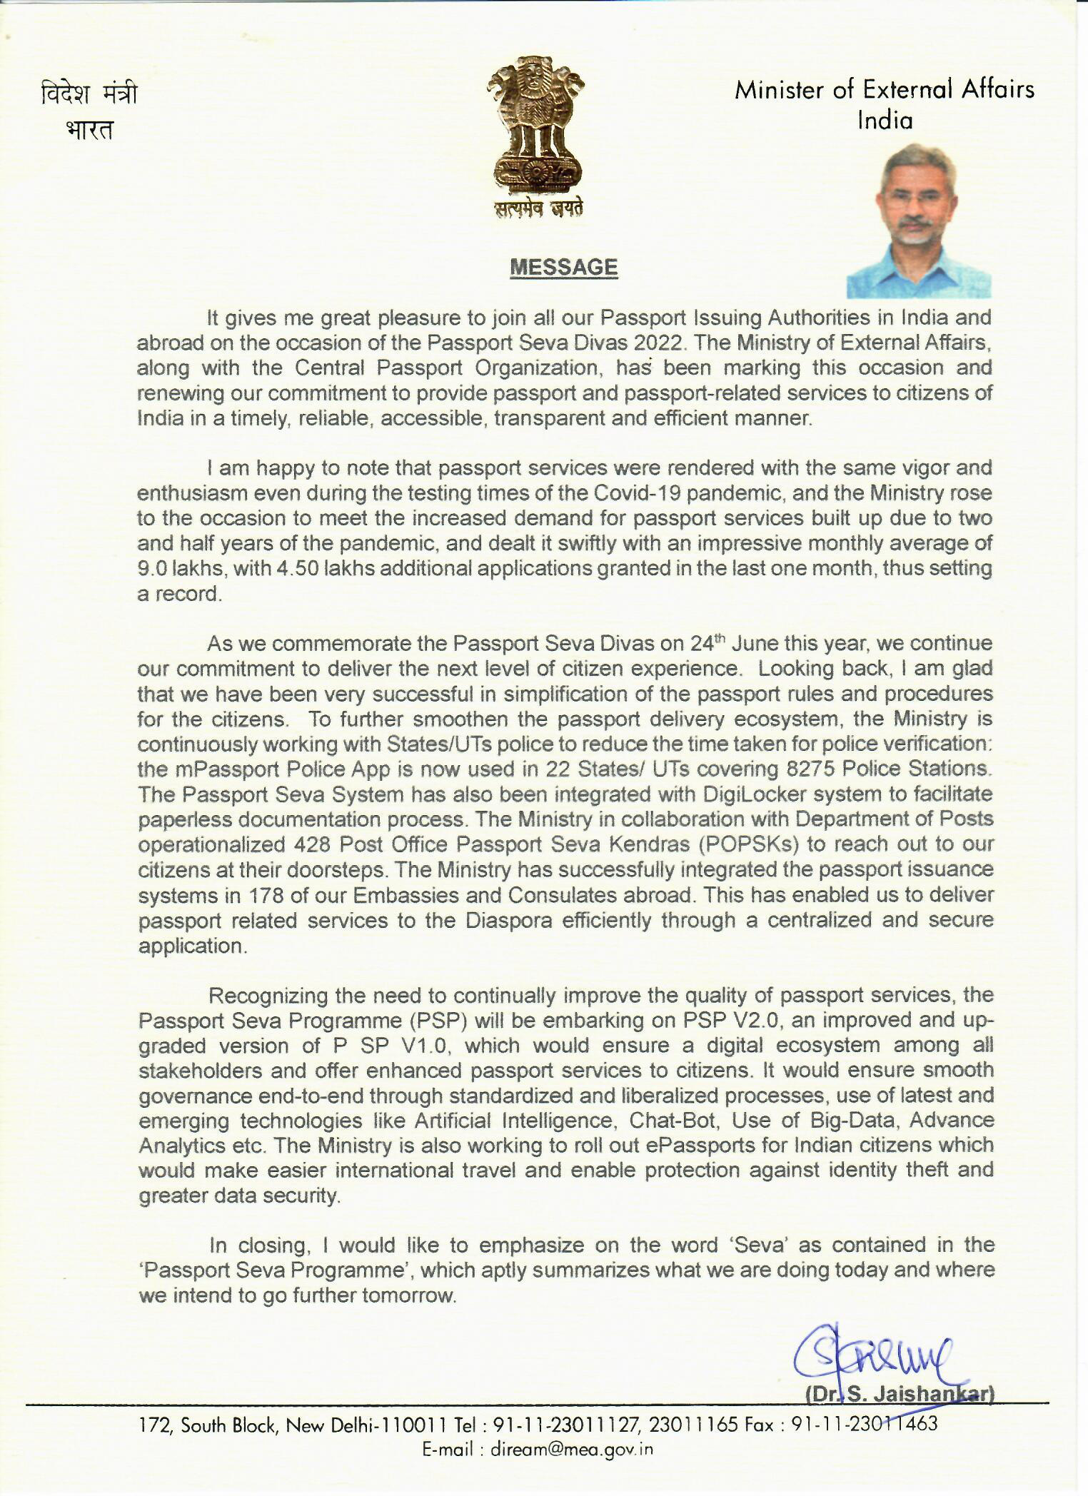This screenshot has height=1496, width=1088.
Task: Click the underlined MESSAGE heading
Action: pyautogui.click(x=563, y=267)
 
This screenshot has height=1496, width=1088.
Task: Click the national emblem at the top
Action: pyautogui.click(x=535, y=136)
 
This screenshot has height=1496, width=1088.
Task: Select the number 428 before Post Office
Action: pyautogui.click(x=311, y=844)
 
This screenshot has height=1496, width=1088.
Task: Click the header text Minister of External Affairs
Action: pyautogui.click(x=885, y=90)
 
